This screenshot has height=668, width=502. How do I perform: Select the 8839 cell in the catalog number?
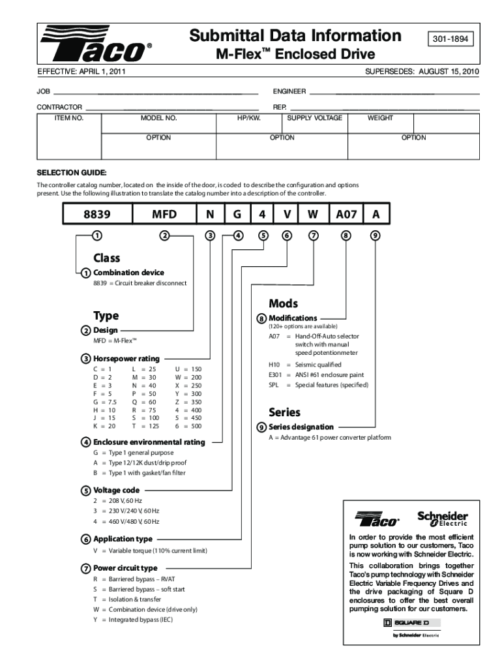(96, 214)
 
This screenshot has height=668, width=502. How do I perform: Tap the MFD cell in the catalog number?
(164, 214)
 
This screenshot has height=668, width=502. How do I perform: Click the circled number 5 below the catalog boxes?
(262, 235)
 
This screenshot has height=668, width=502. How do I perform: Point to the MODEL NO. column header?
(158, 118)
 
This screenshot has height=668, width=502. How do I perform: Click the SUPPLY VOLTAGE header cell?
(314, 118)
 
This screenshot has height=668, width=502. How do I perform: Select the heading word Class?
(106, 258)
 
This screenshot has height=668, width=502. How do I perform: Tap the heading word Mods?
(283, 303)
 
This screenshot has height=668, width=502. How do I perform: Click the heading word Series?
(284, 412)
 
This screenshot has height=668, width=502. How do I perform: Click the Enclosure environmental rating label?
(149, 442)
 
